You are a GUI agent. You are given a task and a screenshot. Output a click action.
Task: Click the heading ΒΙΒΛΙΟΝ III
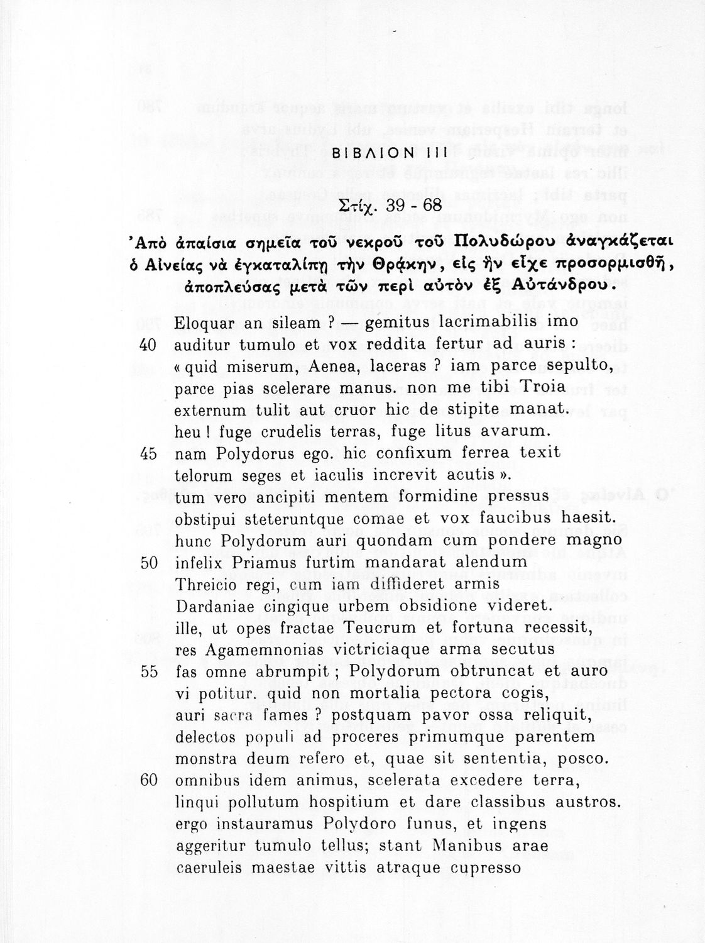(x=389, y=153)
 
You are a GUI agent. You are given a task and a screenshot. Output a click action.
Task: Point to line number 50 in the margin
(x=150, y=563)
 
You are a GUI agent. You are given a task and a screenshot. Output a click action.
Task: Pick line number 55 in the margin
(x=150, y=671)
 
